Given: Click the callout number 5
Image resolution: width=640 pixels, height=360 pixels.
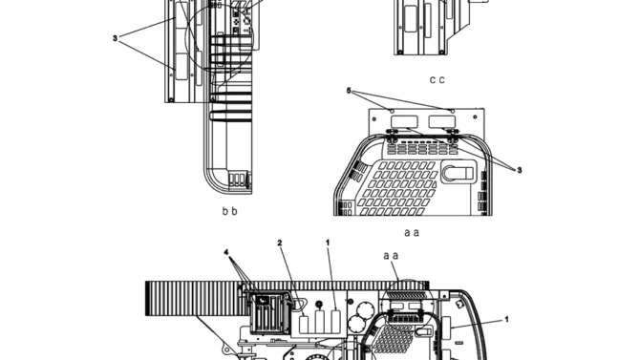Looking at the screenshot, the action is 349,91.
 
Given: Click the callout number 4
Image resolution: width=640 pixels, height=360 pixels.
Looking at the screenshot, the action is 226,253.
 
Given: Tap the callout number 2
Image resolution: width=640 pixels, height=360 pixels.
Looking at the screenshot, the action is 280,243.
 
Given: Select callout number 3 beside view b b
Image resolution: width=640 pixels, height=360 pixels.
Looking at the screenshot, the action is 115,38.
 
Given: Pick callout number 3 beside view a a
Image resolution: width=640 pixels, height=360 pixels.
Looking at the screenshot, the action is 520,170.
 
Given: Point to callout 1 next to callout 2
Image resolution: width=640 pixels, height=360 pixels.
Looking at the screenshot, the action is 328,243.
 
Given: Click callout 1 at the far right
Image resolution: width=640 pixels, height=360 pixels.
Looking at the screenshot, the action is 507,319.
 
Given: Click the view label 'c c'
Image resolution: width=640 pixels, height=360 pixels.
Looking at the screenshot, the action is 437,79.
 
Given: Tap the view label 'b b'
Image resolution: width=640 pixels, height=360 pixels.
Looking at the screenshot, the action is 230,211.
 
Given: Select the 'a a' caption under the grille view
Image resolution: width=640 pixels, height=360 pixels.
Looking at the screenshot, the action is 412,233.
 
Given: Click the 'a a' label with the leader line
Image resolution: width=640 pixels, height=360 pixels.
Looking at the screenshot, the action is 391,256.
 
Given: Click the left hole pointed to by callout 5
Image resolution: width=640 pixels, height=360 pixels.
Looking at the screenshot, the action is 393,111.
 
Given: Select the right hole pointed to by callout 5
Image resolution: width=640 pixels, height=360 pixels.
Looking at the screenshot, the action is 452,111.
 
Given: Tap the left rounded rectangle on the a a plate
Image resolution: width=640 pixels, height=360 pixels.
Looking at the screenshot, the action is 404,121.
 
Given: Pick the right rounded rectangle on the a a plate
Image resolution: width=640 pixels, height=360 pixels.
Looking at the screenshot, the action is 441,121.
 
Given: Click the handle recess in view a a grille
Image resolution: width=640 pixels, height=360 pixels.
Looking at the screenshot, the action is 459,172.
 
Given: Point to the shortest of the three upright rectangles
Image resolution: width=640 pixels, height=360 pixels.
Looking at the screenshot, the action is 304,324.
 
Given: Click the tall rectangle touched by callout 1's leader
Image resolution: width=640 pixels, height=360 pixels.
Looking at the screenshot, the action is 336,322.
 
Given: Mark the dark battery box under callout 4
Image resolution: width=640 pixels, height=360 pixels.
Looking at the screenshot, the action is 268,313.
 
